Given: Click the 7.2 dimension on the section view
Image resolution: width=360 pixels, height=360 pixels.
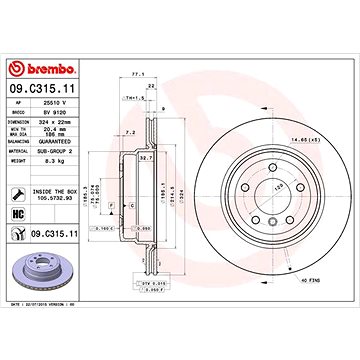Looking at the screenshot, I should point(132,131).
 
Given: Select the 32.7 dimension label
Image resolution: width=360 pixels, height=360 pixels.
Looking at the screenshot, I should point(145,158).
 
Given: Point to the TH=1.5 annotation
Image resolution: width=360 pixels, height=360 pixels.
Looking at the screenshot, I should point(131,97).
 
